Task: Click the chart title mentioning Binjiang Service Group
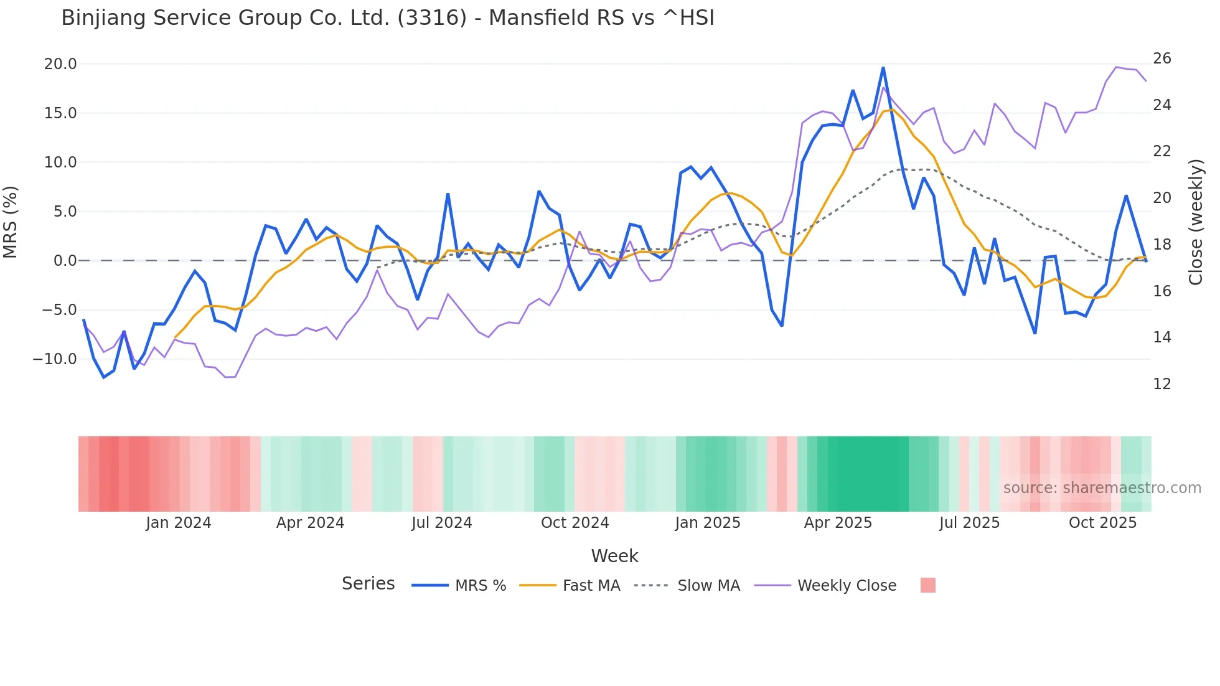[x=387, y=18]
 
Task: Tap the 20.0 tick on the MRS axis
[x=60, y=64]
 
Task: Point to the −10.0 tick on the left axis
[x=55, y=359]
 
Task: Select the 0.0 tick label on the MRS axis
[x=65, y=261]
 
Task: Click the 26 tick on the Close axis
[x=1161, y=59]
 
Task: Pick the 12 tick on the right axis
[x=1161, y=384]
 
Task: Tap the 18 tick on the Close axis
[x=1161, y=245]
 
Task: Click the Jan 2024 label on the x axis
[x=179, y=523]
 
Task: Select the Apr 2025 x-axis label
[x=838, y=523]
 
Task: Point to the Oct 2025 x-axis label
[x=1102, y=523]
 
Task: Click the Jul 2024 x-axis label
[x=441, y=523]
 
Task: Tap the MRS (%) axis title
[x=11, y=222]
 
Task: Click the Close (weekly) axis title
[x=1195, y=222]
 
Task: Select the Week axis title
[x=614, y=556]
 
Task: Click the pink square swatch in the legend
[x=927, y=585]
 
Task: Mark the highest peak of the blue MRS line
[x=883, y=68]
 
